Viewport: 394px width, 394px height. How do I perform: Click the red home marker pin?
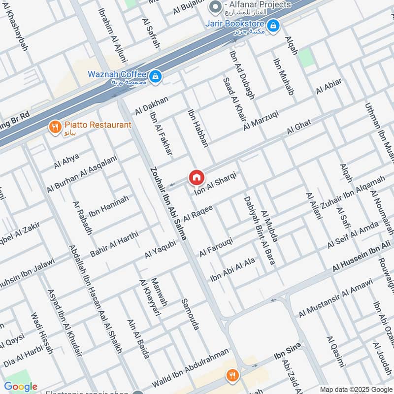point(196,177)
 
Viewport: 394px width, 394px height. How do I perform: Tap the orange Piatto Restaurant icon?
point(55,127)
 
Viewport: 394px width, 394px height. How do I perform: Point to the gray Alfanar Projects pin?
point(214,6)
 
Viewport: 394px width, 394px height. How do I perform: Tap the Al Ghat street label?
point(298,127)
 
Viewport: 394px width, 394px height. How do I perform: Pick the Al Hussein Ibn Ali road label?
point(364,256)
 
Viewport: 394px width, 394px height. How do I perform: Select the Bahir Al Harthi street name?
point(114,243)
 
